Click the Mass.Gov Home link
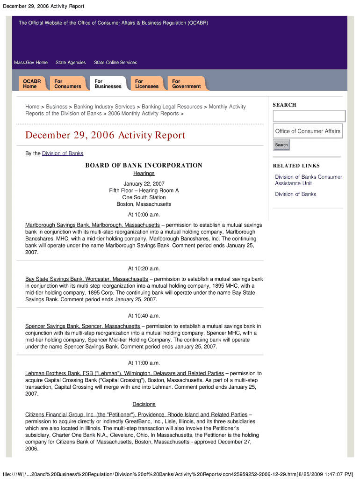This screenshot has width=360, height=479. point(31,63)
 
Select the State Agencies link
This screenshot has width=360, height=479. point(71,63)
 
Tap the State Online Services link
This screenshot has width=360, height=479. point(115,63)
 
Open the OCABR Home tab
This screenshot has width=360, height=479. point(32,84)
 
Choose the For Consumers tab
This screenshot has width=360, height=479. point(67,84)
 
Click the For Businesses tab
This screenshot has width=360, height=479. point(108,84)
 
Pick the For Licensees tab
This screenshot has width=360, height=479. point(147,84)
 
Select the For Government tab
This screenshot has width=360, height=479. point(186,84)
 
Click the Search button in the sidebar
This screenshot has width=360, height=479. point(281,145)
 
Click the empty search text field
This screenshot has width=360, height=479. point(309,116)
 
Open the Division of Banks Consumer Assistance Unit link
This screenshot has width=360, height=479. point(308,180)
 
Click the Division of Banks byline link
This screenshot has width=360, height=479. point(63,153)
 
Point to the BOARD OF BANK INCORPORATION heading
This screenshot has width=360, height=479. point(144,165)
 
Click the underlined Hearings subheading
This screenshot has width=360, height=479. point(144,174)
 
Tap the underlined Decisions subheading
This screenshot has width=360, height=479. point(144,404)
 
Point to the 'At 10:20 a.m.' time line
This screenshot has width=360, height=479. point(144,269)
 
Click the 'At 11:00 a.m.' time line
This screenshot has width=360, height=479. point(144,363)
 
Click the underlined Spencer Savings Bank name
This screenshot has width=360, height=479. point(82,326)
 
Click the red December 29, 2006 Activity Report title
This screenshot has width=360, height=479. point(105,136)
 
